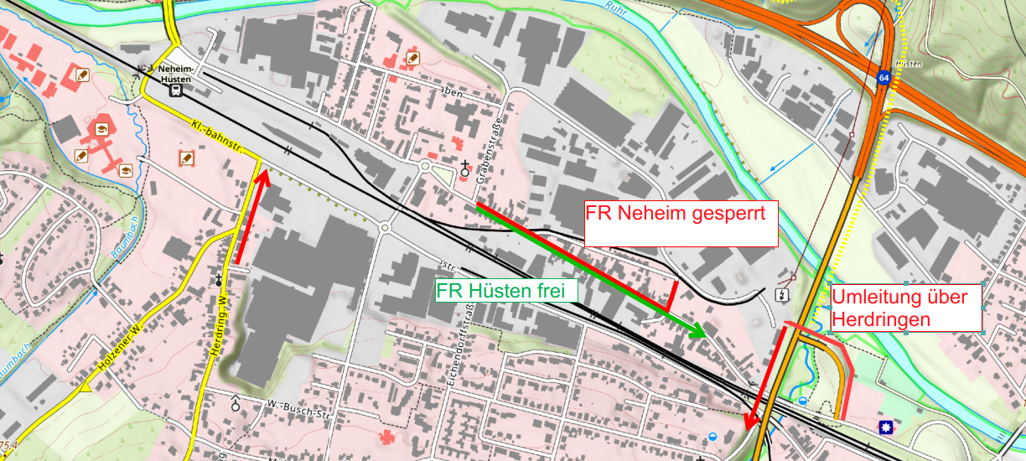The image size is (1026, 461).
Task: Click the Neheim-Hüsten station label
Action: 174,74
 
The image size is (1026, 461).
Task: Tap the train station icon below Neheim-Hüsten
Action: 175,91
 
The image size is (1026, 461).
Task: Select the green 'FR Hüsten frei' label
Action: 506,291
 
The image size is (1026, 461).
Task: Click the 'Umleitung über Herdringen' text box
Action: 904,308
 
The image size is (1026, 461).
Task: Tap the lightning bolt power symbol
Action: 780,294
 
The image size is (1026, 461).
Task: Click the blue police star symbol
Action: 885,428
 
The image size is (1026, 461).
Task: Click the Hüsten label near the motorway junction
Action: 909,65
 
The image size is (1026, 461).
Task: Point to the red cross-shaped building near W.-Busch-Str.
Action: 386,437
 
